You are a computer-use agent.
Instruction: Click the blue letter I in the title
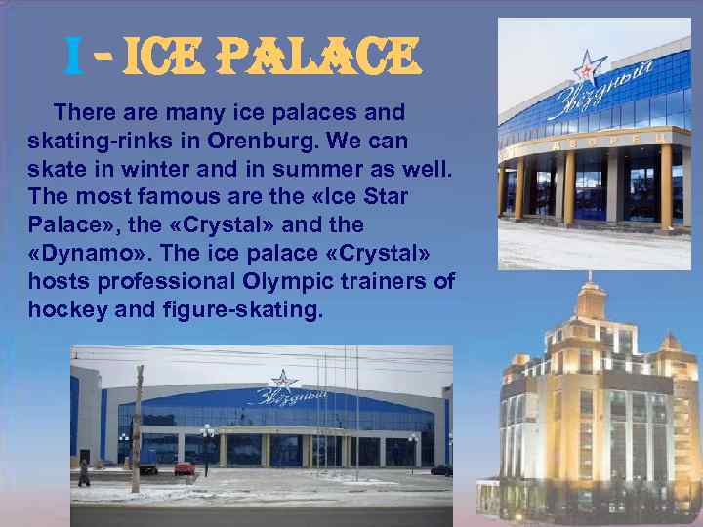pyautogui.click(x=72, y=57)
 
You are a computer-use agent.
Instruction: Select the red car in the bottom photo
pyautogui.click(x=185, y=468)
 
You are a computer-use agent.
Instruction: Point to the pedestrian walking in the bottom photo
pyautogui.click(x=84, y=472)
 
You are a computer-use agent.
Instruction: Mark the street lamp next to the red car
pyautogui.click(x=206, y=449)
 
